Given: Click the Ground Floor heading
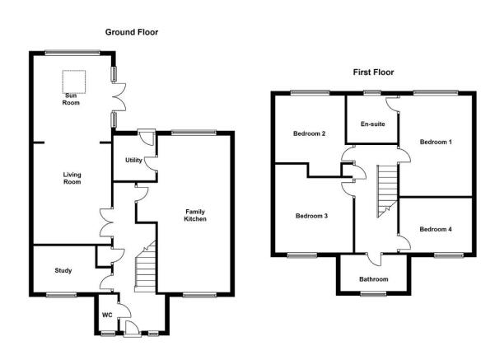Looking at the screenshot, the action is (x=132, y=32).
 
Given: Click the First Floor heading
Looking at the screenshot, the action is (x=373, y=72).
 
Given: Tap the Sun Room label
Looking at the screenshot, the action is (x=71, y=99).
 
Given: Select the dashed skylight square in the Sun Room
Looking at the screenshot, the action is (x=74, y=82).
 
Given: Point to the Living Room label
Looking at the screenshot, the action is (x=72, y=178).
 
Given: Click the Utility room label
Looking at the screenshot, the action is (x=133, y=160).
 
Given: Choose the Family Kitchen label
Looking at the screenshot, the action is (x=195, y=215).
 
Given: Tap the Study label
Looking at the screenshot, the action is (x=63, y=271).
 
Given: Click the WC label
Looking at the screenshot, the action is (x=107, y=316).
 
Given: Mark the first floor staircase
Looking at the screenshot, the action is (x=387, y=191).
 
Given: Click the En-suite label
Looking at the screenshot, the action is (x=373, y=124).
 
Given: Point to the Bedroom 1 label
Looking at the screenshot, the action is (x=436, y=142).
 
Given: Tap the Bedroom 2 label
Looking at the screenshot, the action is (x=309, y=133).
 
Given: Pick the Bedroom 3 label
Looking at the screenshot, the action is (x=311, y=216).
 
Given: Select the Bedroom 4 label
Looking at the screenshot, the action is (x=436, y=229).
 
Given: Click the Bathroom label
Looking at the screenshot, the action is (x=373, y=279).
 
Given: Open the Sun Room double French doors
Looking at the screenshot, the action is (x=119, y=97).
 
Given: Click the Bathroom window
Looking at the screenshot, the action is (x=373, y=294).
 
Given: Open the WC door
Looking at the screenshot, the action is (x=124, y=310).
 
